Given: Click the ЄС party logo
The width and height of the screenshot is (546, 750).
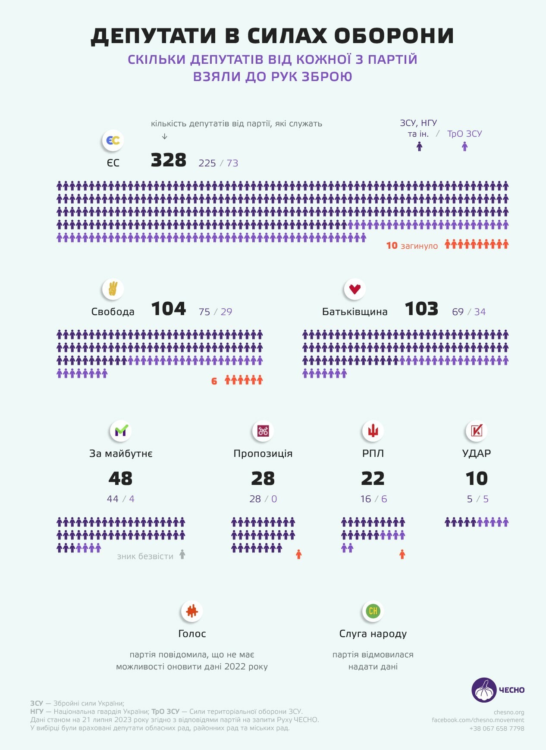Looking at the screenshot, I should coord(113,141).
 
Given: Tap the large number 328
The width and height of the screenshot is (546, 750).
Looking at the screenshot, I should coord(169,160).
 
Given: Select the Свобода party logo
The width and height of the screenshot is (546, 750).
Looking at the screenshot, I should coord(113,289).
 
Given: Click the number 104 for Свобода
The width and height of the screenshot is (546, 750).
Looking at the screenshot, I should coord(169,309).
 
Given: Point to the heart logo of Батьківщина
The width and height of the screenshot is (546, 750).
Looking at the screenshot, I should coord(355,289).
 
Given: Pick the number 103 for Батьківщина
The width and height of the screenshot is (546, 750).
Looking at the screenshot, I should coord(421,309).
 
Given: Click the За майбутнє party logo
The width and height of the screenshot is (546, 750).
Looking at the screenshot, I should coord(120,431).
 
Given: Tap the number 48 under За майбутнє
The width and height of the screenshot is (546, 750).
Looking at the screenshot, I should coord(120,478).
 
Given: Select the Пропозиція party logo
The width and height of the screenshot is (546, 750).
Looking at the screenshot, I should coord(263,431).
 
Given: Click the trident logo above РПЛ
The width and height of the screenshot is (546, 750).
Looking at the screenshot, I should coord(373,431).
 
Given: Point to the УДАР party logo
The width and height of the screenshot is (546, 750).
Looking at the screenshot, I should coord(477,431).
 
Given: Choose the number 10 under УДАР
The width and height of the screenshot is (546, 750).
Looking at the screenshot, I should coord(477,478).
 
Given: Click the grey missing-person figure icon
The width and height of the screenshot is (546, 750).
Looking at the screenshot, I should coord(182,554).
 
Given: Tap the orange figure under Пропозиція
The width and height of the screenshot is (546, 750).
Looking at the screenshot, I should coord(298,554).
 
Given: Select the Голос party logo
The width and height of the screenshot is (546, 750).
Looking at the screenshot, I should coord(192,611).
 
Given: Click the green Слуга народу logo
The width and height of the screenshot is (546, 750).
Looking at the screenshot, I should coord(373,611).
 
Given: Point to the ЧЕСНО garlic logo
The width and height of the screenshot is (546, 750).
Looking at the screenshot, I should coord(484,690).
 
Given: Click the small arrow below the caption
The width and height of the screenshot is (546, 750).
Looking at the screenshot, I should coord(164,137).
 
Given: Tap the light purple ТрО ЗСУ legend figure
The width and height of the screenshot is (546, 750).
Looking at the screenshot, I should coord(464,147).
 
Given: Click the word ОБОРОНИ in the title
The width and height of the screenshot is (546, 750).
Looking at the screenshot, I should coord(394,36).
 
